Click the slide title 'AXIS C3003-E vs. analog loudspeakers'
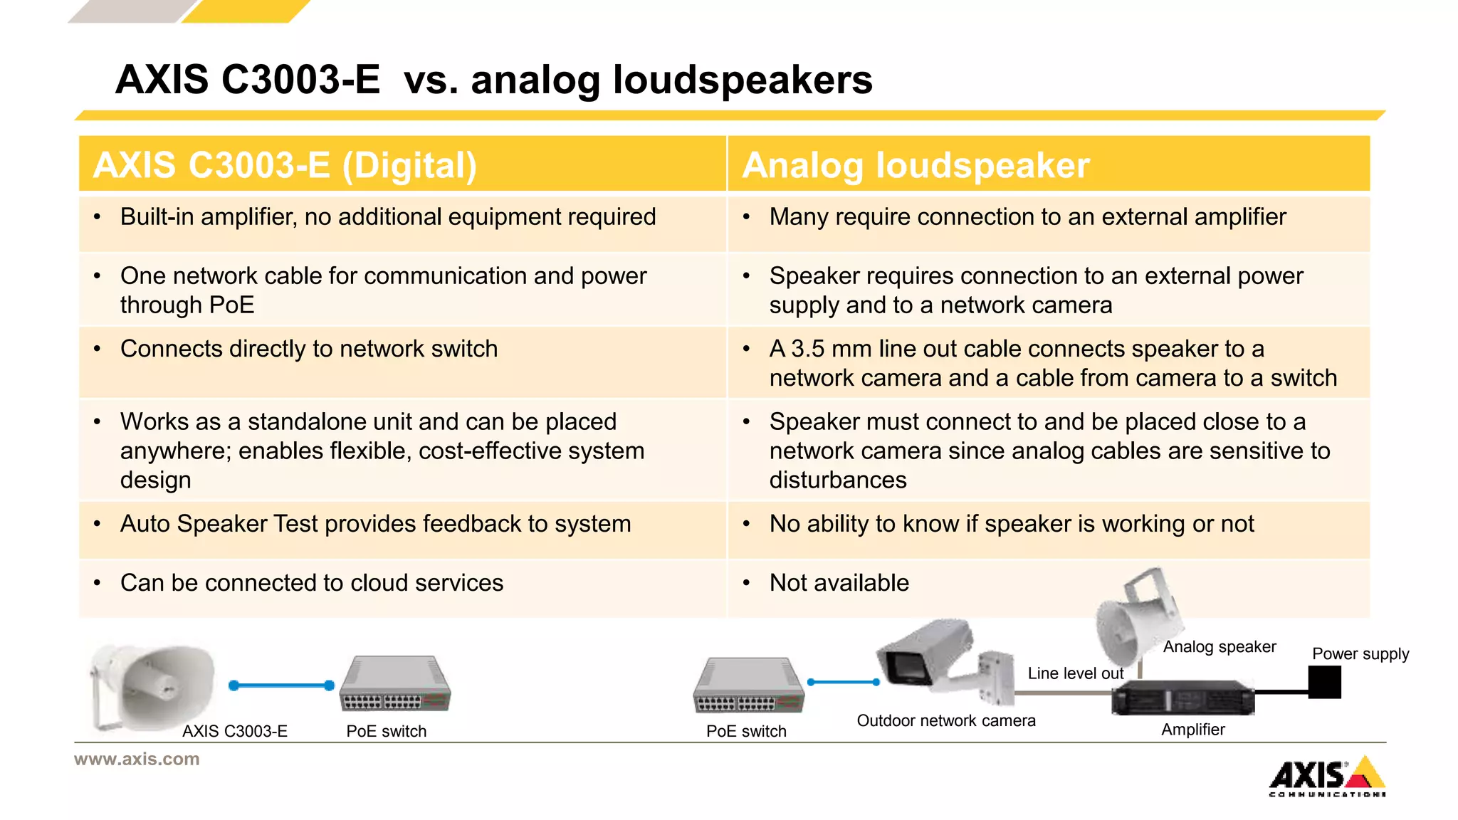point(493,79)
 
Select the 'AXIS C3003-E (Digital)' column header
point(285,165)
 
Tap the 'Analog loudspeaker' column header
point(916,165)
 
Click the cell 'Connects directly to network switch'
point(309,349)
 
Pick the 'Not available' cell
point(839,583)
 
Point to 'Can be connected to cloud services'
point(312,583)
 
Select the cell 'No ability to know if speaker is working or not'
point(1011,524)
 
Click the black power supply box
point(1324,682)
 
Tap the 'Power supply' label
point(1360,653)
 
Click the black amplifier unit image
point(1182,697)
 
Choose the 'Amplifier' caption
point(1192,730)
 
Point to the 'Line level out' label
point(1075,673)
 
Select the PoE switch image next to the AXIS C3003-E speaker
point(394,685)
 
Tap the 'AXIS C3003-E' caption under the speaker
point(234,731)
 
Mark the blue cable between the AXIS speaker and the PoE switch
point(281,685)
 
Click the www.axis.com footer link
point(137,759)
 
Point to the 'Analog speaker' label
point(1219,646)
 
